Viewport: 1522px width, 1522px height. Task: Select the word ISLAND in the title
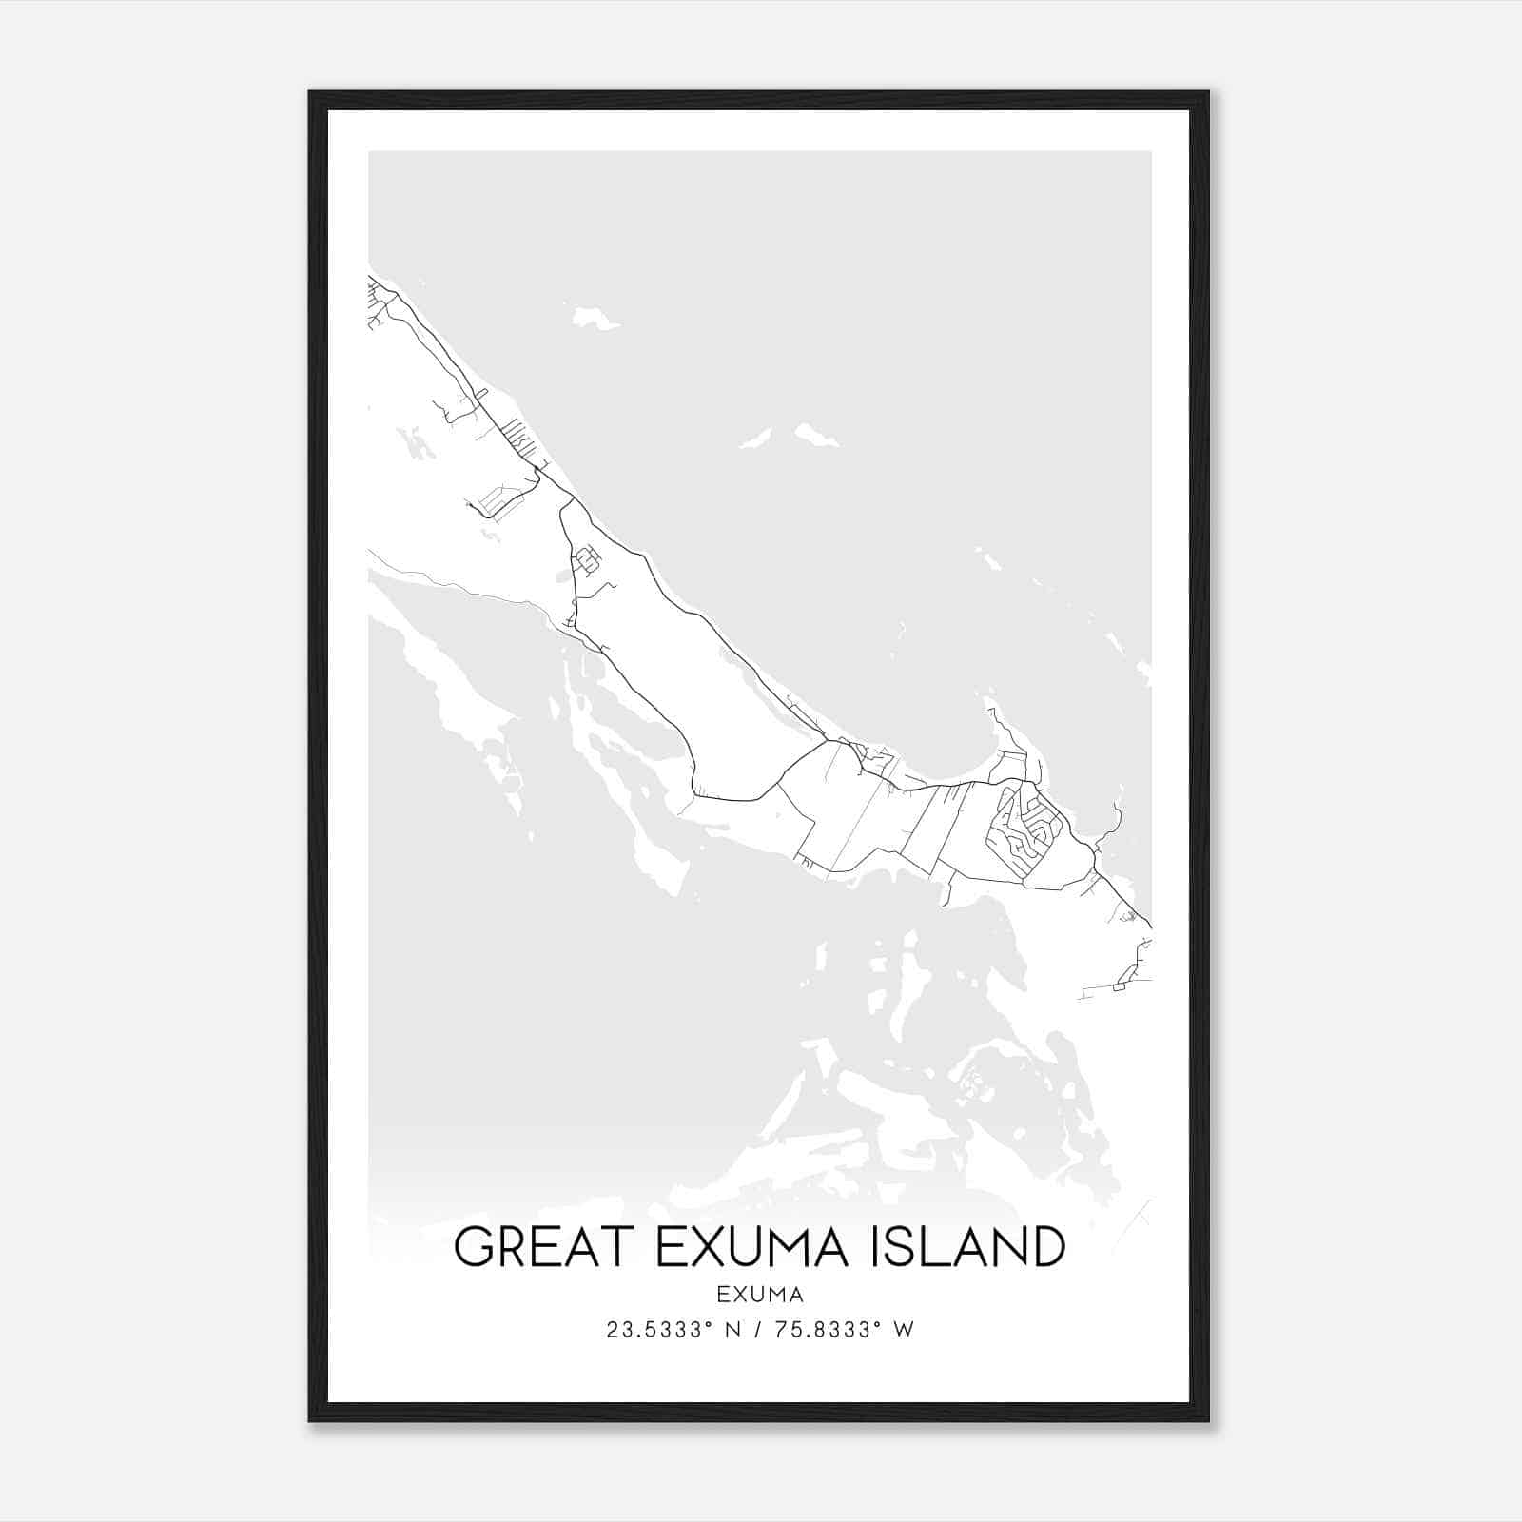[x=968, y=1247]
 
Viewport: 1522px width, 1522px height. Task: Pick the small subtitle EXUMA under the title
[x=760, y=1295]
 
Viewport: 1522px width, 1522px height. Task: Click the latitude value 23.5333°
[x=659, y=1330]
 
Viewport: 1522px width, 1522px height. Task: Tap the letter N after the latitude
[x=732, y=1330]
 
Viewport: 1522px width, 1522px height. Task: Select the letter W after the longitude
[x=905, y=1330]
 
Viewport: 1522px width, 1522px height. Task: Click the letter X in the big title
[x=702, y=1247]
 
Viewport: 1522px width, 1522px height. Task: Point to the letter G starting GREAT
[x=473, y=1247]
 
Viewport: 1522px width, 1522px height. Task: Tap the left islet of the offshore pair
[x=756, y=439]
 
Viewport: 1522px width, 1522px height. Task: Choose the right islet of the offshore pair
[x=816, y=436]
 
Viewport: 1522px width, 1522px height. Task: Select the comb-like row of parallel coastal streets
[x=518, y=436]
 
